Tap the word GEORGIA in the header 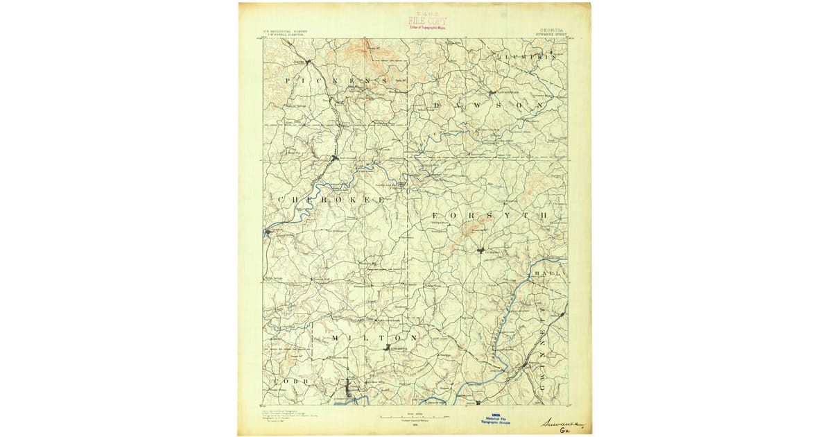[x=551, y=31]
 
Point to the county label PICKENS [x=336, y=81]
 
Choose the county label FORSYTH [x=489, y=216]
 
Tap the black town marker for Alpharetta [x=387, y=347]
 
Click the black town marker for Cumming [x=480, y=250]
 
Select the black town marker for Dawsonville [x=492, y=92]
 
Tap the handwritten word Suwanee [x=562, y=422]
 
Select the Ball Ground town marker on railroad [x=334, y=158]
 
